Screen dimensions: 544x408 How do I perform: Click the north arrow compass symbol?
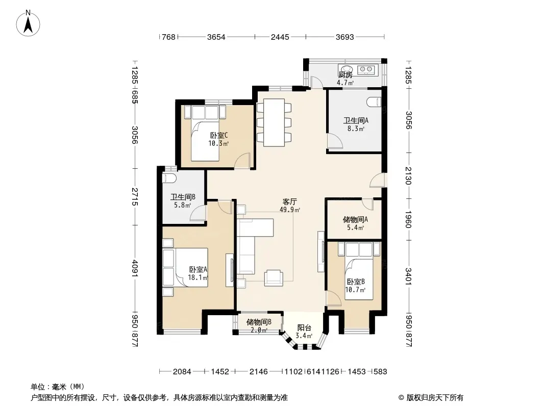coord(28,23)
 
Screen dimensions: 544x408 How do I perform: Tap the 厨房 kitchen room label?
coord(345,74)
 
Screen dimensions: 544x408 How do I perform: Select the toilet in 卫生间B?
coord(169,178)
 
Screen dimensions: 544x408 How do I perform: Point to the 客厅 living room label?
coord(290,202)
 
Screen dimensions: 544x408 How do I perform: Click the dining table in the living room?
coord(274,122)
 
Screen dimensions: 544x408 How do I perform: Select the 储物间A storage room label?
coord(355,219)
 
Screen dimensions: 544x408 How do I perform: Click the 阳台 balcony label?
coord(304,327)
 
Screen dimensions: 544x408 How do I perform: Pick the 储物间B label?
coord(259,322)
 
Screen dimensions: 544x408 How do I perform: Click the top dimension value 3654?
coord(216,37)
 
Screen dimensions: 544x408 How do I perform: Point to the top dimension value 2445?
coord(280,37)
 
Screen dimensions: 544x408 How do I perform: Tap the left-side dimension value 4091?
coord(135,269)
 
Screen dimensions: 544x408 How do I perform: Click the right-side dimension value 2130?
coord(408,176)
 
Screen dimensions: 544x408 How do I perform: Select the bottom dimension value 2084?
coord(182,372)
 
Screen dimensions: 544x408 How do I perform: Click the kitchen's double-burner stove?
coord(366,70)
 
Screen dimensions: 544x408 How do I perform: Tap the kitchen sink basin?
coord(345,69)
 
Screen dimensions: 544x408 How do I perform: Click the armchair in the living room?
coord(274,278)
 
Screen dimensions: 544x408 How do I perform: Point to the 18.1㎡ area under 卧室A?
coord(198,277)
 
